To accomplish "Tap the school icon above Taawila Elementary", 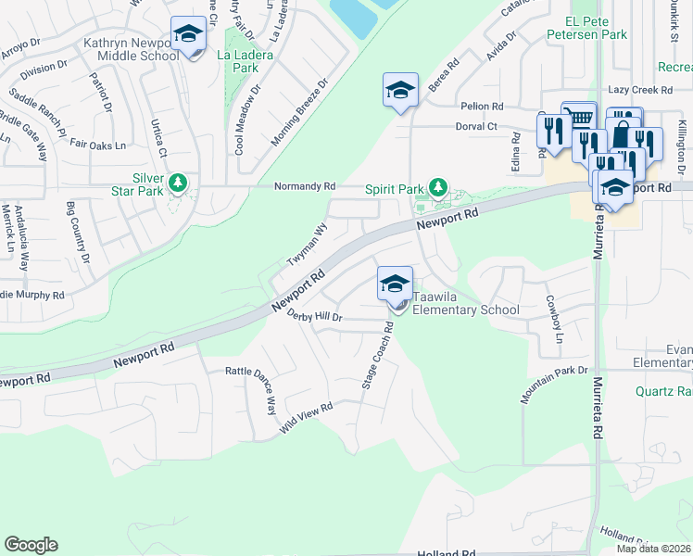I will tap(395, 284).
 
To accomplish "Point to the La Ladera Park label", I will tap(237, 61).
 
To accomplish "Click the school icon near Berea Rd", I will tap(400, 91).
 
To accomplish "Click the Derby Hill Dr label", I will tap(315, 317).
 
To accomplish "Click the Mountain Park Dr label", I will tap(554, 384).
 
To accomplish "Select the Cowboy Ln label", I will tap(553, 318).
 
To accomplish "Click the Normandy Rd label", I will tap(304, 186).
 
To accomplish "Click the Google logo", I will tap(31, 545).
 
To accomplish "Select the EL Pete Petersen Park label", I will tap(587, 27).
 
